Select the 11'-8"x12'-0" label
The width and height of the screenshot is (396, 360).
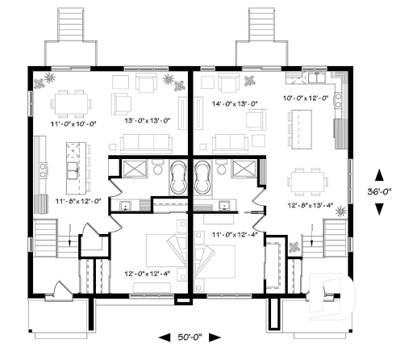click(x=77, y=200)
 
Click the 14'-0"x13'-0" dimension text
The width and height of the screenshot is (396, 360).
click(x=234, y=103)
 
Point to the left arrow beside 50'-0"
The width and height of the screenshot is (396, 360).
click(x=165, y=337)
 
